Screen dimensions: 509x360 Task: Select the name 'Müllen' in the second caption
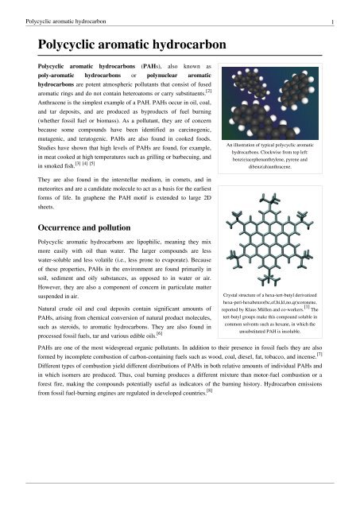[x=277, y=324]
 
